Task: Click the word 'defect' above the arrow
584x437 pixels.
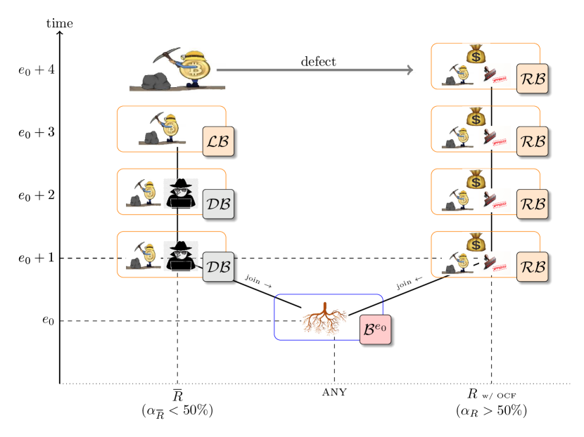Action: (318, 62)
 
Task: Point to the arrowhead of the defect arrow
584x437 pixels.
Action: (411, 70)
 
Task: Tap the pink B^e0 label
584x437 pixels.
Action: (375, 329)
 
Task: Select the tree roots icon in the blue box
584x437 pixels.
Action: (325, 319)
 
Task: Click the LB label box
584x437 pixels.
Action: (217, 141)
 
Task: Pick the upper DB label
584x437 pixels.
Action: (218, 204)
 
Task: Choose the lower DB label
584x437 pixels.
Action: (218, 266)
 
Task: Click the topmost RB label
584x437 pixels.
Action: (532, 79)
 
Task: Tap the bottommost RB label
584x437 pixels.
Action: (532, 266)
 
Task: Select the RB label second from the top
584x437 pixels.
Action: (532, 141)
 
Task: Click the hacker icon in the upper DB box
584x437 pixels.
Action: (181, 194)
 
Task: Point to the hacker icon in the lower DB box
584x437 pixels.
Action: (181, 256)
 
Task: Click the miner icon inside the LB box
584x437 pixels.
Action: (163, 129)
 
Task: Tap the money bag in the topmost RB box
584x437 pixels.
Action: (476, 54)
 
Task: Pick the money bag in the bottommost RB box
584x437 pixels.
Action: (476, 242)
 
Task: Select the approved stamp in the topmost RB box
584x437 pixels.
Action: (495, 76)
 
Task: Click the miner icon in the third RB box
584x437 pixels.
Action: (457, 201)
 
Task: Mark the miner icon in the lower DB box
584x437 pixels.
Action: (144, 256)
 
